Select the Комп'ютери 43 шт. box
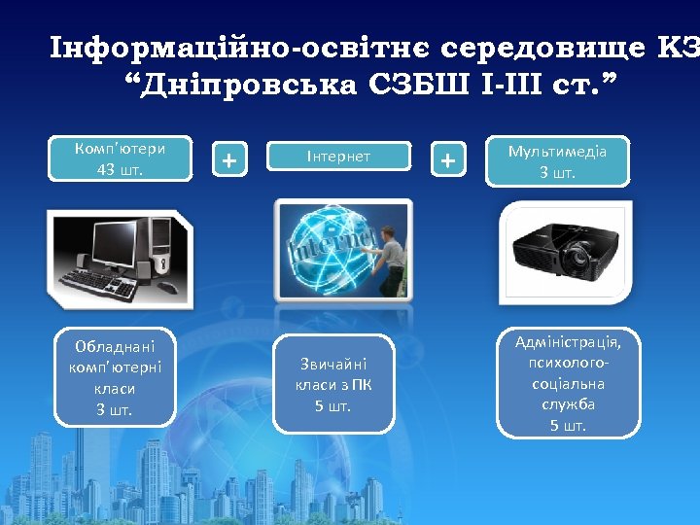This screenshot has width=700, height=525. coord(120,158)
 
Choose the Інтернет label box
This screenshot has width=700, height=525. coord(337,156)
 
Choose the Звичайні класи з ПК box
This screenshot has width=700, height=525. coord(333,383)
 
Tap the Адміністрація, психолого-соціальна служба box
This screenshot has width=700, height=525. coord(568,383)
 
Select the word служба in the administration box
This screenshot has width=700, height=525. coord(568,404)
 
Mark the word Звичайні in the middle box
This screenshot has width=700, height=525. coord(333,364)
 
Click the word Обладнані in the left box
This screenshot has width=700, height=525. coord(114,346)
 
